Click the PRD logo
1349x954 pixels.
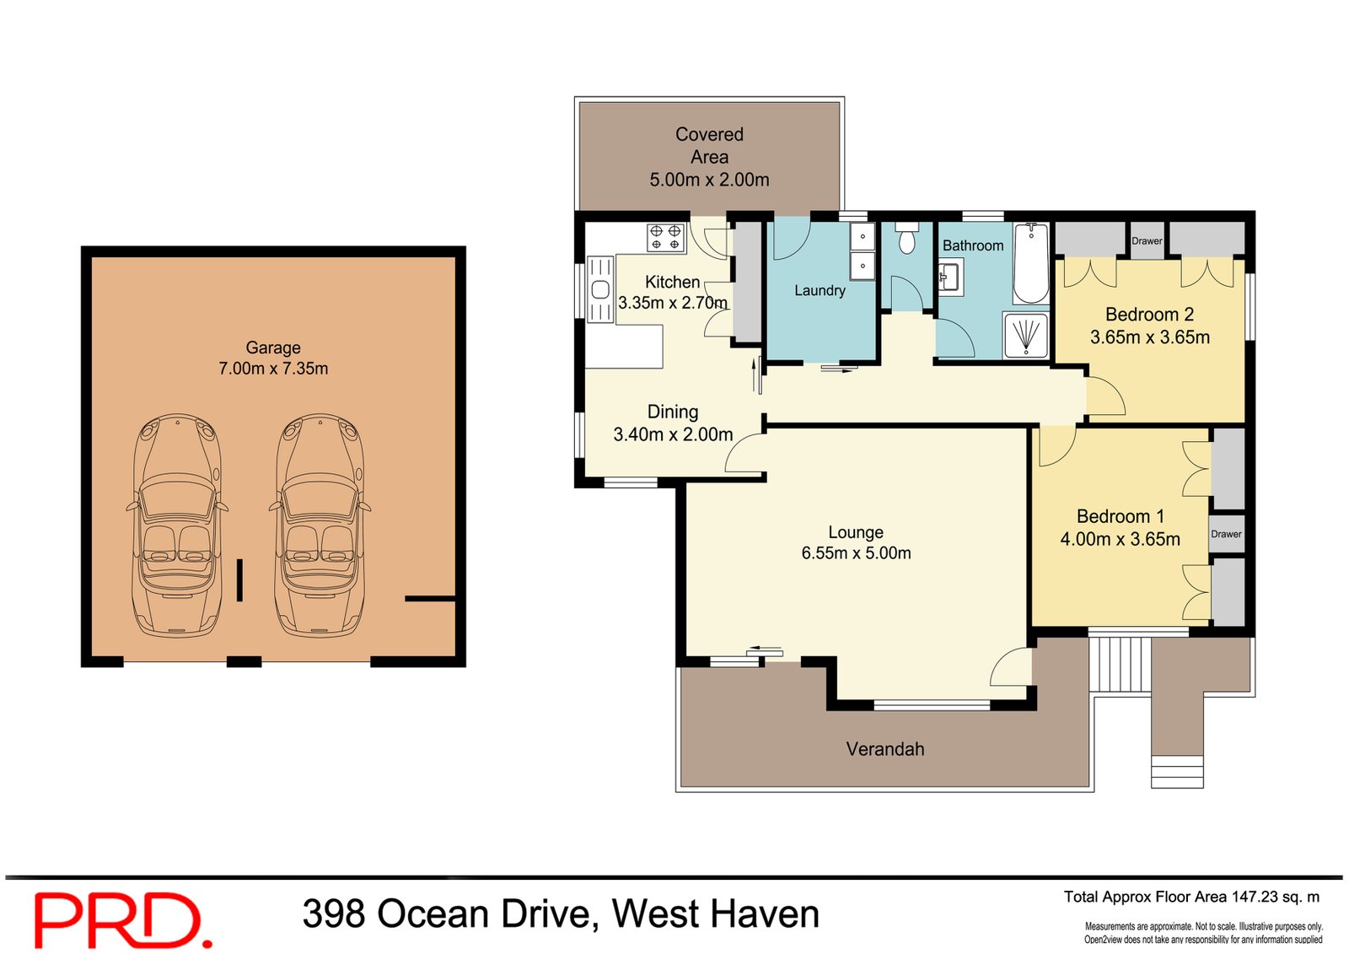pyautogui.click(x=122, y=920)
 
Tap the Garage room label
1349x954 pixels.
pyautogui.click(x=272, y=348)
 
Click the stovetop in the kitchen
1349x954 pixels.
pyautogui.click(x=665, y=237)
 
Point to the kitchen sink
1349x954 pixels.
pyautogui.click(x=600, y=290)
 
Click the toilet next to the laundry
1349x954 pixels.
pyautogui.click(x=907, y=240)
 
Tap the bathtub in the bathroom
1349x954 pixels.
pyautogui.click(x=1031, y=263)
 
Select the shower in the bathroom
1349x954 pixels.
pyautogui.click(x=1026, y=335)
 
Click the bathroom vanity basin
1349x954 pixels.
pyautogui.click(x=949, y=277)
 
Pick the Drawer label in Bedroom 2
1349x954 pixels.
pyautogui.click(x=1147, y=241)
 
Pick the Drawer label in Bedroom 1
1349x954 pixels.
pyautogui.click(x=1226, y=534)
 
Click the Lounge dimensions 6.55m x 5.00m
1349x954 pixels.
pyautogui.click(x=856, y=553)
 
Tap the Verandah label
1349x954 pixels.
pyautogui.click(x=884, y=749)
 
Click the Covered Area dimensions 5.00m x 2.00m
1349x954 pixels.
pyautogui.click(x=709, y=180)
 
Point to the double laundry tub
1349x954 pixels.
pyautogui.click(x=863, y=251)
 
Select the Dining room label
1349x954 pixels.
pyautogui.click(x=672, y=412)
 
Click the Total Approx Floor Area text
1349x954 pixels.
pyautogui.click(x=1191, y=897)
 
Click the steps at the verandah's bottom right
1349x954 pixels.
pyautogui.click(x=1177, y=771)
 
